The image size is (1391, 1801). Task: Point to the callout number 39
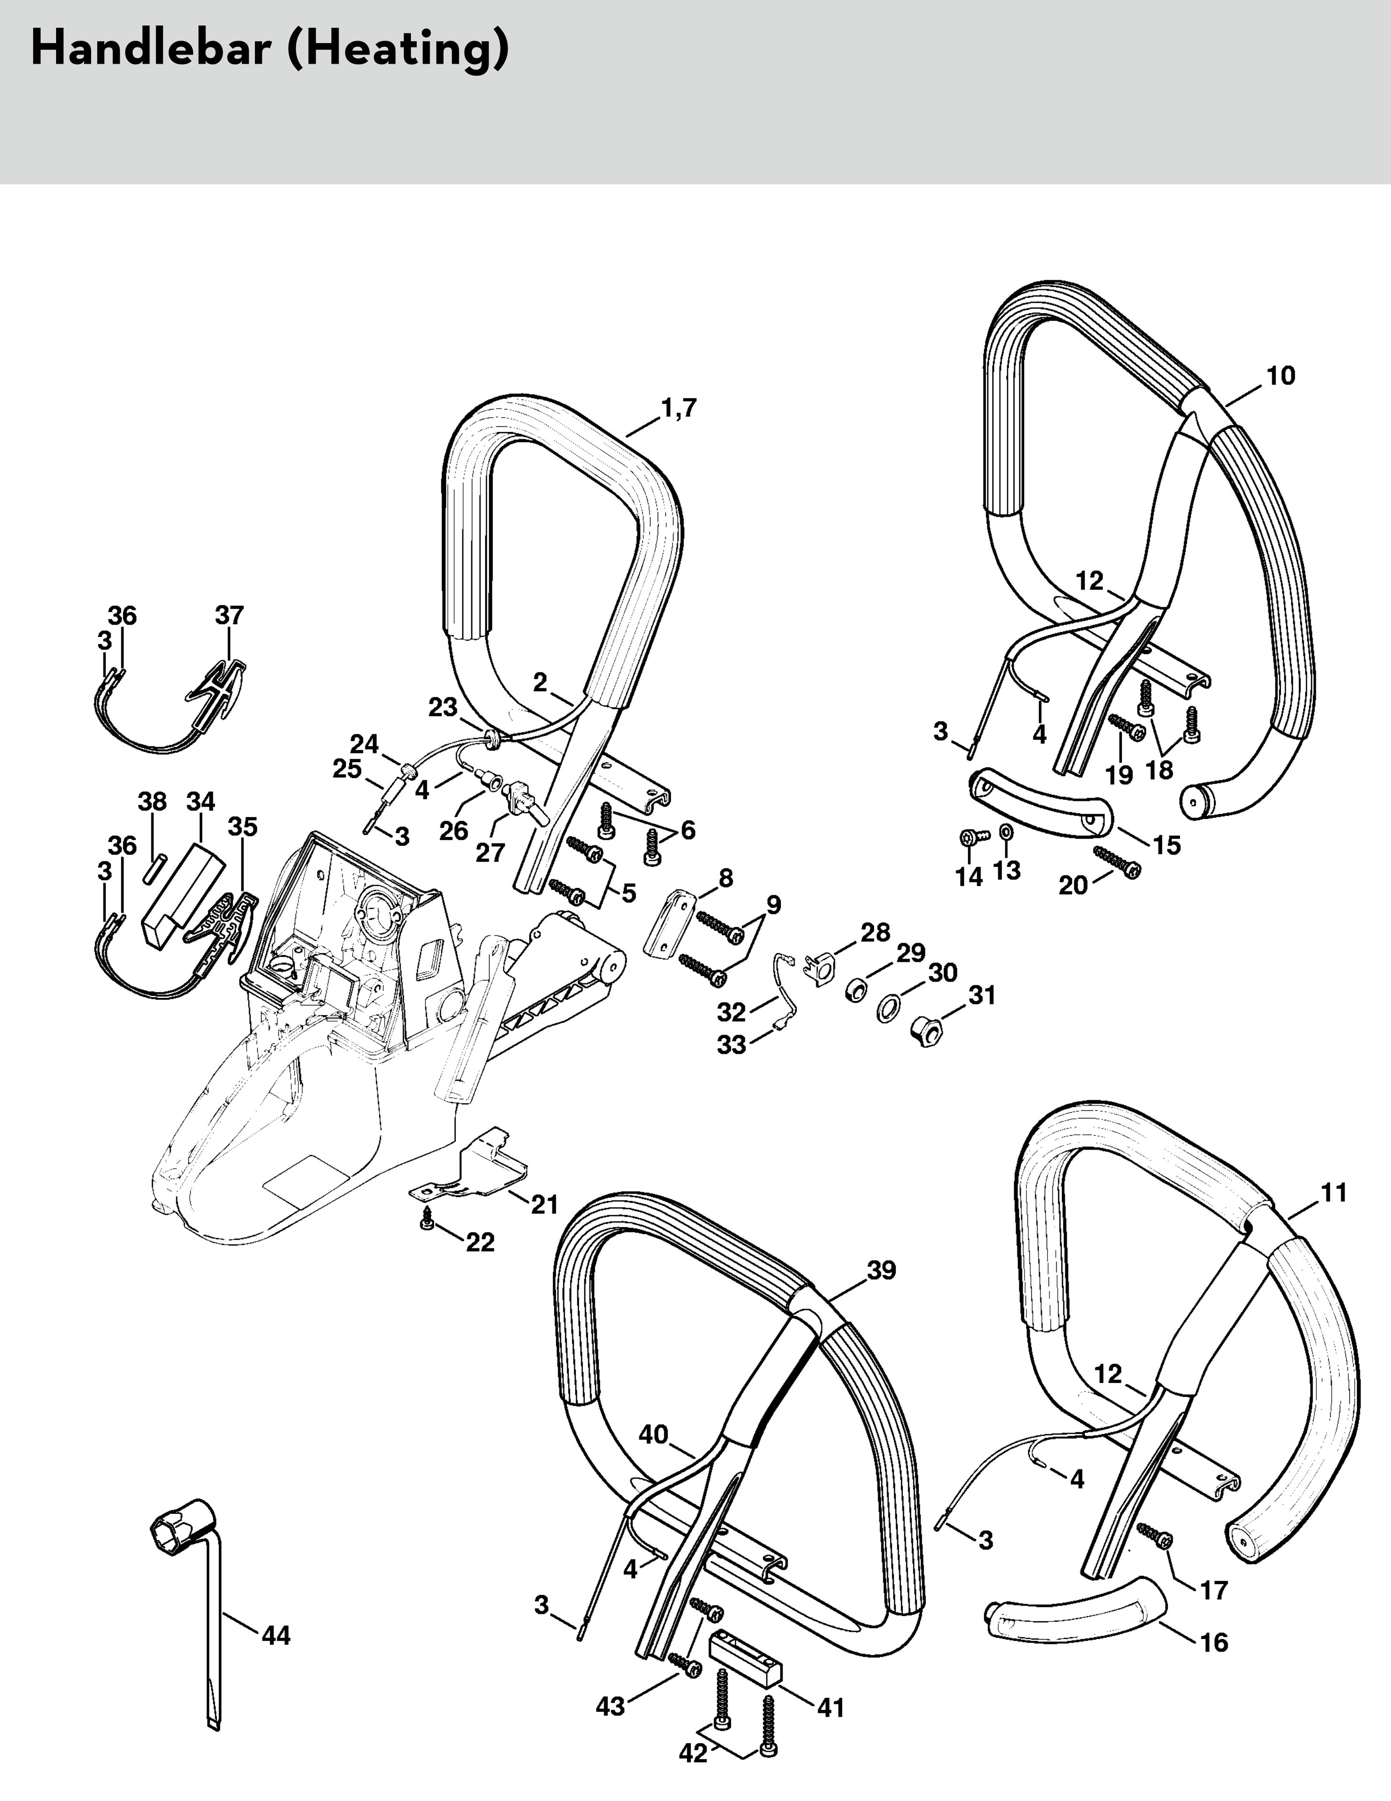point(881,1271)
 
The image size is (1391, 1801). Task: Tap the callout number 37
point(230,615)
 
